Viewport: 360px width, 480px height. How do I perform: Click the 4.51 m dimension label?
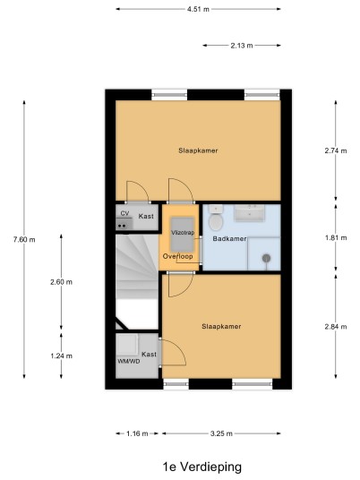point(198,9)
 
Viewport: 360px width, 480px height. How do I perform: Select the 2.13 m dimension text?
point(242,46)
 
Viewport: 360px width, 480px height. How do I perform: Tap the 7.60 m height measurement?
point(24,240)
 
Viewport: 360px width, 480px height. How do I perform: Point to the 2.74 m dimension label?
point(336,150)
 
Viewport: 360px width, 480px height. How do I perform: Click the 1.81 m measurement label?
point(336,238)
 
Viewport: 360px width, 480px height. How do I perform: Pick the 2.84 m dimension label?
point(336,327)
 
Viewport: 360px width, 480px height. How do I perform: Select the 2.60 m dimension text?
point(61,282)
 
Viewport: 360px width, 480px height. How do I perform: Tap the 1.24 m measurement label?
point(61,356)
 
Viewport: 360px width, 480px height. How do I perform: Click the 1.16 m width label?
point(137,433)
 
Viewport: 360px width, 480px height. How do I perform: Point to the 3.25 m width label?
point(221,433)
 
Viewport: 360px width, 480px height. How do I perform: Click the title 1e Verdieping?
point(202,467)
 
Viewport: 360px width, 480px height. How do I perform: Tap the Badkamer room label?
point(229,239)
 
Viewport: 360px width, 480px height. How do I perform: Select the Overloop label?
point(178,256)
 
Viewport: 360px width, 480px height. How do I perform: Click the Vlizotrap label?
point(183,233)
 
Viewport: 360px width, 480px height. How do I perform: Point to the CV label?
point(124,213)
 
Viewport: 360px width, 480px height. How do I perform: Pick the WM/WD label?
point(129,362)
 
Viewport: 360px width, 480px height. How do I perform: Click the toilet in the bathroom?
point(216,218)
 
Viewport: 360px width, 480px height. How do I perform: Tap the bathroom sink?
point(249,213)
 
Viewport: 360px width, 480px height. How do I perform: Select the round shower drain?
point(266,259)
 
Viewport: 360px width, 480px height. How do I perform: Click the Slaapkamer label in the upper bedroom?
point(198,150)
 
